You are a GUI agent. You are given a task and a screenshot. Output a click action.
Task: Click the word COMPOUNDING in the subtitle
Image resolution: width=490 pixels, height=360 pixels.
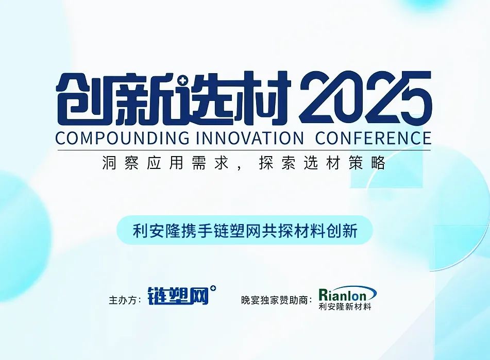[x=122, y=138]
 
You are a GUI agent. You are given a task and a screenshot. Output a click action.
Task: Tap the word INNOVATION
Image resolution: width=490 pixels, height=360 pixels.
[x=250, y=138]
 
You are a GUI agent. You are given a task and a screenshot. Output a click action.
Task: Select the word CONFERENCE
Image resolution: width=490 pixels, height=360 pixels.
[x=374, y=138]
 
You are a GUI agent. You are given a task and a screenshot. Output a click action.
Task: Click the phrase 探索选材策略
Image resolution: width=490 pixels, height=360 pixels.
[x=322, y=163]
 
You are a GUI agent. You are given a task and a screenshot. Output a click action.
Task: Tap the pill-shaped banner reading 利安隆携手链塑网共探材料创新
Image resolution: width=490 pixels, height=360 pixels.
[x=245, y=230]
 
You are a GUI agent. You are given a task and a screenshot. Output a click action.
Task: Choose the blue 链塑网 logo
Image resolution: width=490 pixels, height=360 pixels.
[x=178, y=296]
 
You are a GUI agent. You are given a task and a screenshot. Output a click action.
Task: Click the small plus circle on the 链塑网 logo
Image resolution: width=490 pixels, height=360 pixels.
[x=213, y=289]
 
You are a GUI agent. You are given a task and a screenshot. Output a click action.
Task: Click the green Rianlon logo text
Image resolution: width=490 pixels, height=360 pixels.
[x=347, y=294]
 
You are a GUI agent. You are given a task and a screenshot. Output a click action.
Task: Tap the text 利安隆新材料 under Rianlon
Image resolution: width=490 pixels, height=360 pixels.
[x=345, y=306]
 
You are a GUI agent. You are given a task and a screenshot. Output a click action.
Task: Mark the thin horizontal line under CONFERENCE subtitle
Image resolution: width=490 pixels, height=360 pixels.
[x=244, y=150]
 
